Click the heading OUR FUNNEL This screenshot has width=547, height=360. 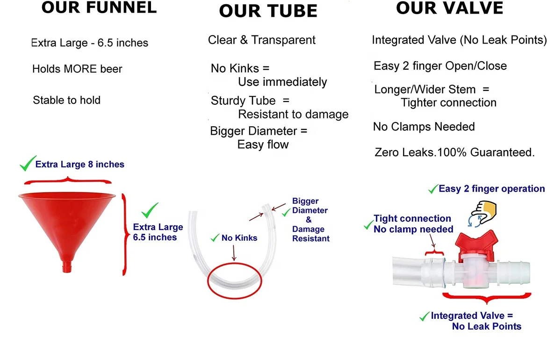[x=99, y=8]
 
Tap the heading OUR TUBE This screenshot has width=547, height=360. [x=268, y=11]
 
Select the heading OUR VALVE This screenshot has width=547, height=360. [x=449, y=8]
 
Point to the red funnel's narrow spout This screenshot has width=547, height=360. [x=67, y=266]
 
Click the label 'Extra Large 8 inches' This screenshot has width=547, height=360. [x=80, y=165]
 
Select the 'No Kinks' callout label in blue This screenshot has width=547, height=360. [x=239, y=238]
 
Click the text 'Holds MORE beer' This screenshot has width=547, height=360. [x=77, y=69]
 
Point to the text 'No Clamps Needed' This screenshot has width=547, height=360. [x=424, y=127]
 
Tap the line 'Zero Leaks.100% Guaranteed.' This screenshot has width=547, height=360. [x=454, y=152]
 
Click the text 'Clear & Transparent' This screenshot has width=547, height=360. [x=262, y=40]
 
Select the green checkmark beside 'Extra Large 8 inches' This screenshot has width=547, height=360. [x=27, y=164]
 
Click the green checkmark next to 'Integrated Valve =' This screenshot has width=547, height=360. [x=424, y=317]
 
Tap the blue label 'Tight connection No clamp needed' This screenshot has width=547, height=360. [x=412, y=224]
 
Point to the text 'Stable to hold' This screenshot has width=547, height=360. [x=66, y=100]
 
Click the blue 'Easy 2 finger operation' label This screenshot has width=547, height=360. [x=491, y=189]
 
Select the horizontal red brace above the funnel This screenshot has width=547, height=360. [x=68, y=180]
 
